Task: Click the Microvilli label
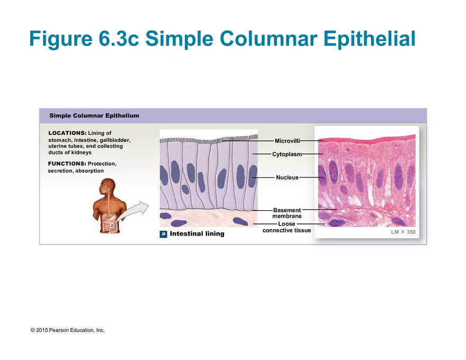click(287, 141)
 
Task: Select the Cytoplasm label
click(287, 155)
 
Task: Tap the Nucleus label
click(287, 178)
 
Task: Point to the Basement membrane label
click(287, 213)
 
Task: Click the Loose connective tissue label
click(286, 227)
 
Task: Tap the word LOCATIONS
click(67, 133)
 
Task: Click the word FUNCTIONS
click(67, 164)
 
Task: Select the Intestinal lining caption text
click(197, 234)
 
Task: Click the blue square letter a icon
click(164, 234)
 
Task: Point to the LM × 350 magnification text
click(403, 232)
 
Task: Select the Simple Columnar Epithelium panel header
click(94, 115)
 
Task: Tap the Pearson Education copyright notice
click(68, 330)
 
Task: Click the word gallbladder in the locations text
click(115, 140)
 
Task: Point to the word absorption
click(89, 171)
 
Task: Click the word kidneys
click(82, 152)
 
